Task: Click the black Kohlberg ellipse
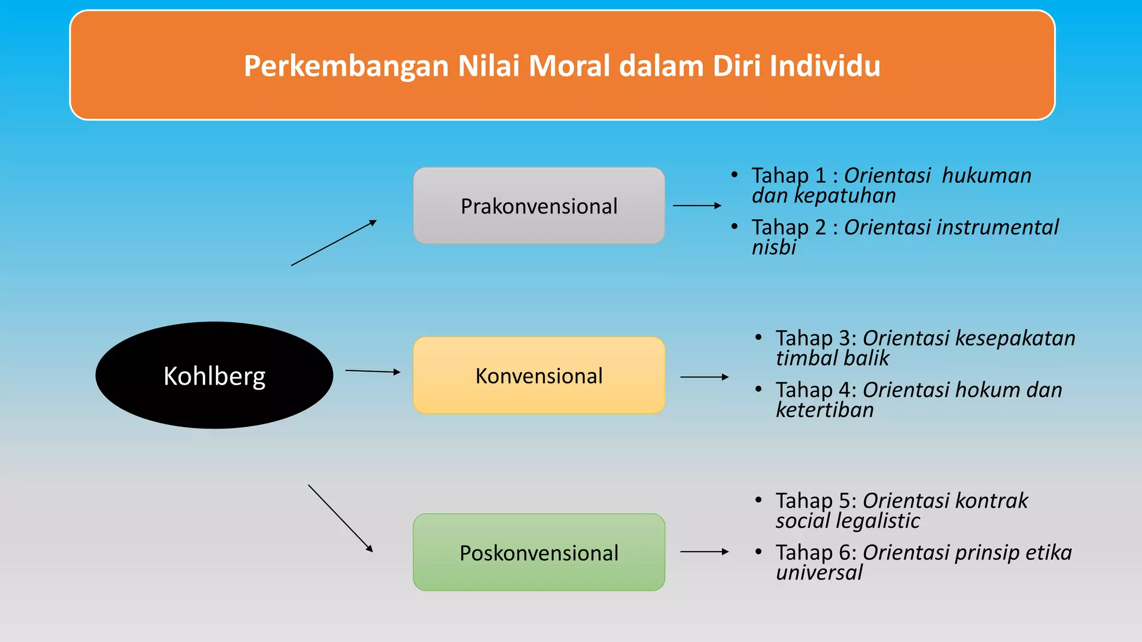[214, 375]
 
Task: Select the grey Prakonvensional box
[539, 206]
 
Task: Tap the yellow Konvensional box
[539, 375]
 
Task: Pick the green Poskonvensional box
[539, 552]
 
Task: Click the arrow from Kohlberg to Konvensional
[372, 371]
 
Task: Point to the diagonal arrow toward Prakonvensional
[333, 243]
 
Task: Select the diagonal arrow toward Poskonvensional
[340, 518]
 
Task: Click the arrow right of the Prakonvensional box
[697, 206]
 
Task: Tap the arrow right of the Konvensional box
[704, 377]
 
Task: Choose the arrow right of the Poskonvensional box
[704, 552]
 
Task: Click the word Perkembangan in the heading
[346, 67]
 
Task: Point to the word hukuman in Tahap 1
[986, 176]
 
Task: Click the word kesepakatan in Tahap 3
[1015, 338]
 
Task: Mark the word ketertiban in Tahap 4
[825, 410]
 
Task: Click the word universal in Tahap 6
[819, 572]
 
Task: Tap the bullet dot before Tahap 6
[758, 552]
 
